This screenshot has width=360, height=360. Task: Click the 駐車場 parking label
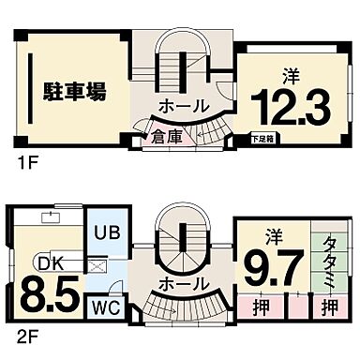(74, 91)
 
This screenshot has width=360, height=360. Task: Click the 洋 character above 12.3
(289, 75)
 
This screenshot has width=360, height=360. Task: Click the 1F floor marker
(26, 163)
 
